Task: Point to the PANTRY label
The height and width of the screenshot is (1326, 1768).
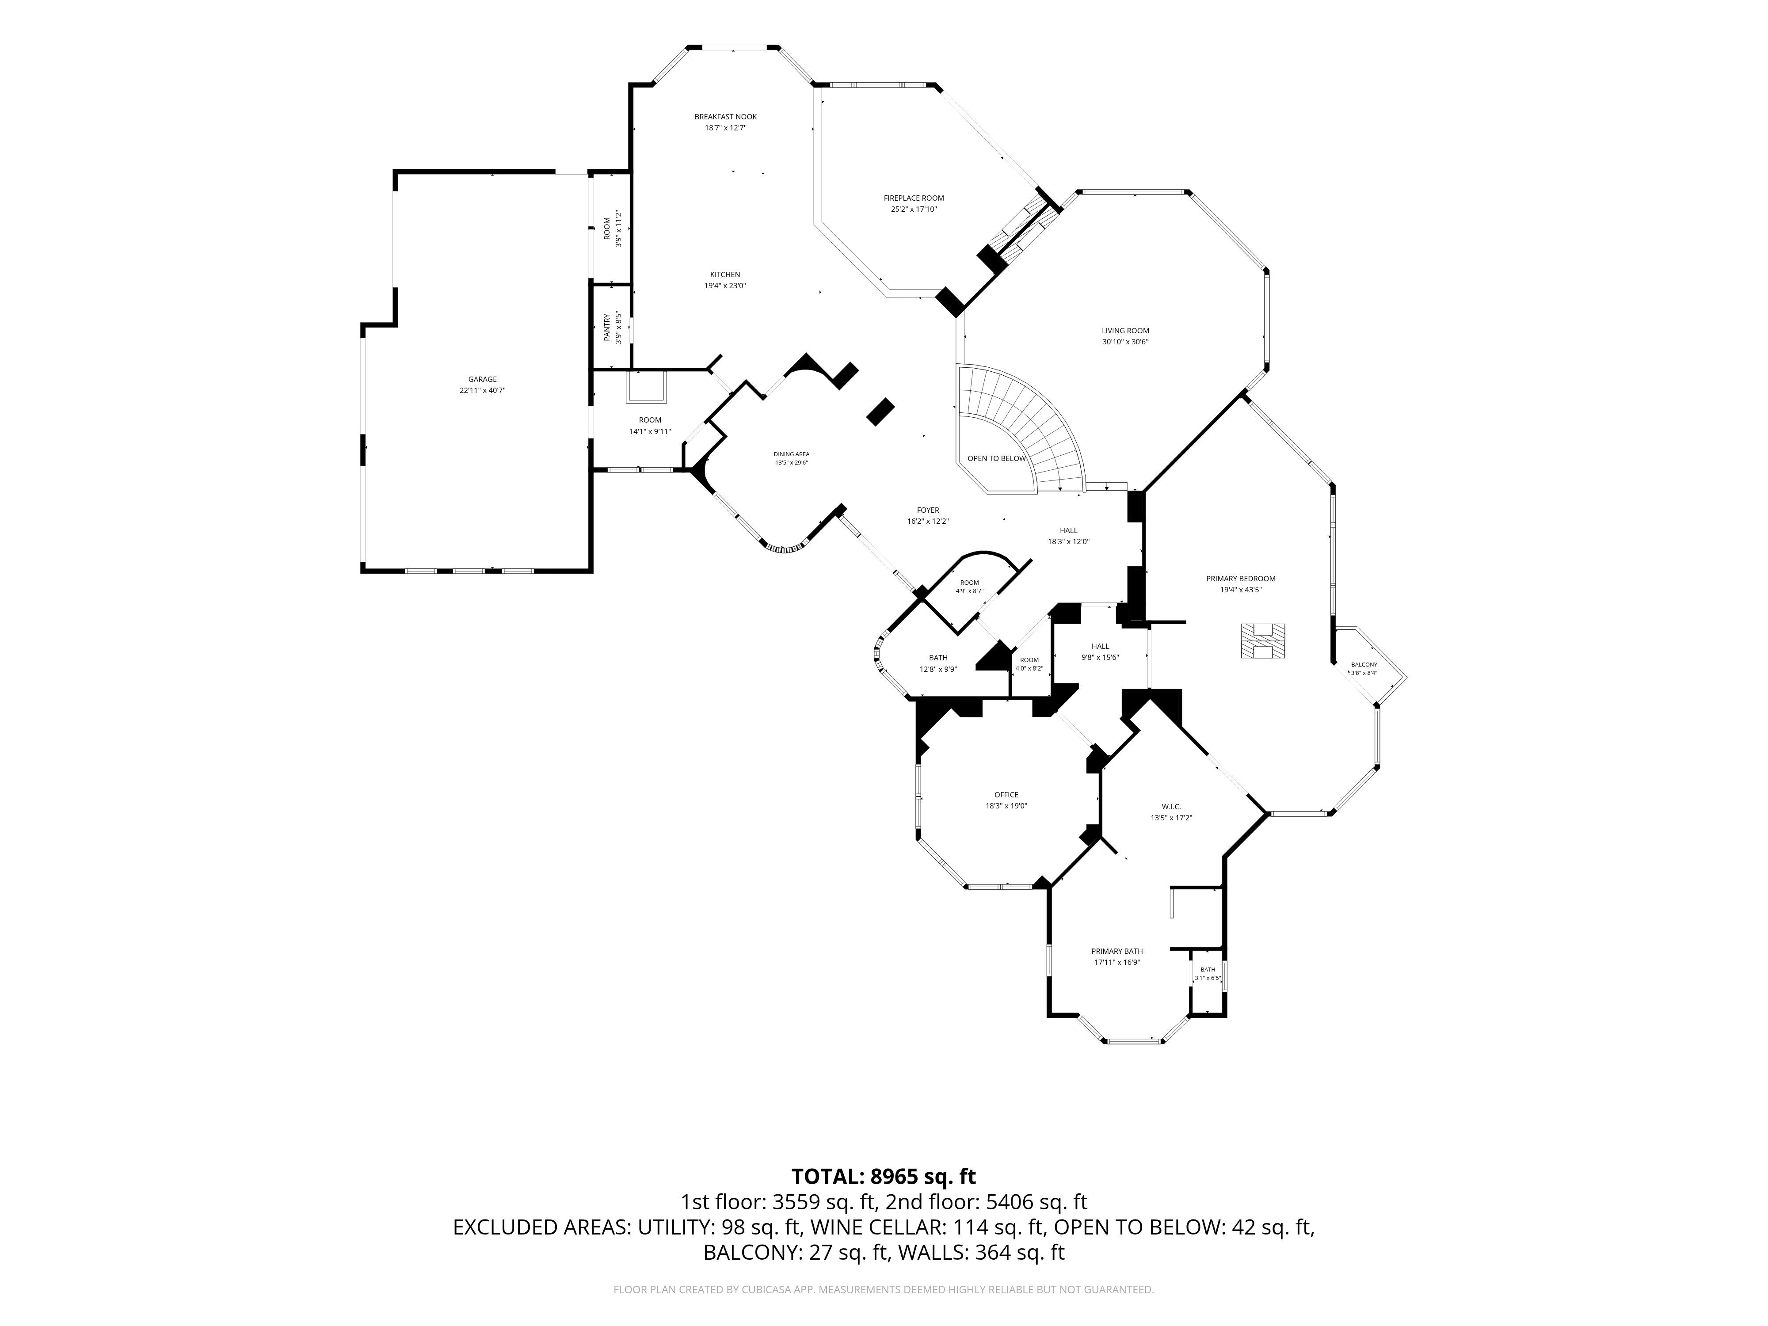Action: (607, 328)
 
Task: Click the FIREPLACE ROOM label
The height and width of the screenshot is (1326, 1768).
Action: (914, 198)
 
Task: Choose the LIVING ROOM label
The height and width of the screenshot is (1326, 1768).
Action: (1125, 331)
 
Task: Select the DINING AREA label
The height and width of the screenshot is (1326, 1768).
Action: (791, 454)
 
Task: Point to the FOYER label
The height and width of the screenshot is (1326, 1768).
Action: (928, 510)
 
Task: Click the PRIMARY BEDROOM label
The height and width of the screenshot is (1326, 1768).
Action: (1241, 579)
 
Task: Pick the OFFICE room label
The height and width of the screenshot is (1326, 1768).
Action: (1006, 794)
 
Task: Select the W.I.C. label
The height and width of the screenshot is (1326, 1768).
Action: (1171, 807)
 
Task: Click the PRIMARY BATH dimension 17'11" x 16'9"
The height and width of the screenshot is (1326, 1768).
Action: (1116, 962)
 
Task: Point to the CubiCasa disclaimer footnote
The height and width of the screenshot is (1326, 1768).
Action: (883, 1289)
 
